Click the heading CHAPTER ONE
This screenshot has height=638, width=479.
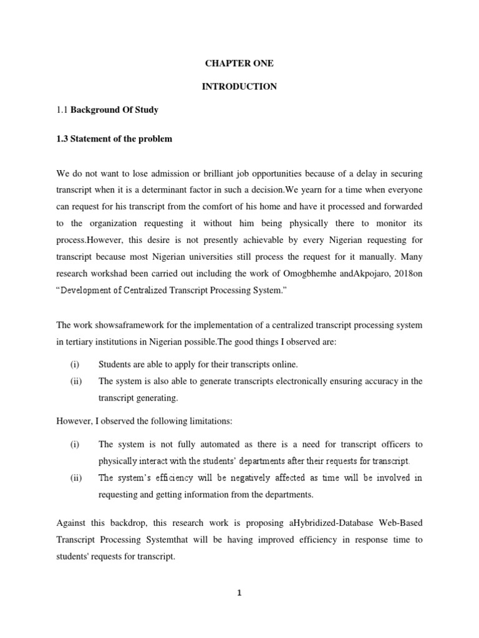click(x=239, y=64)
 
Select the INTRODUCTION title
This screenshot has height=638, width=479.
click(x=239, y=87)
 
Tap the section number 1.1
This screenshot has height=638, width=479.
click(x=62, y=110)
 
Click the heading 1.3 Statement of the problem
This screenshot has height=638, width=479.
click(x=114, y=139)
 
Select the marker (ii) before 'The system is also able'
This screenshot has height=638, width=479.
click(x=77, y=381)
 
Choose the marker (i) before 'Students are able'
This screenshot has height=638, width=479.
click(x=75, y=364)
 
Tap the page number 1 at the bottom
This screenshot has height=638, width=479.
click(x=239, y=593)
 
